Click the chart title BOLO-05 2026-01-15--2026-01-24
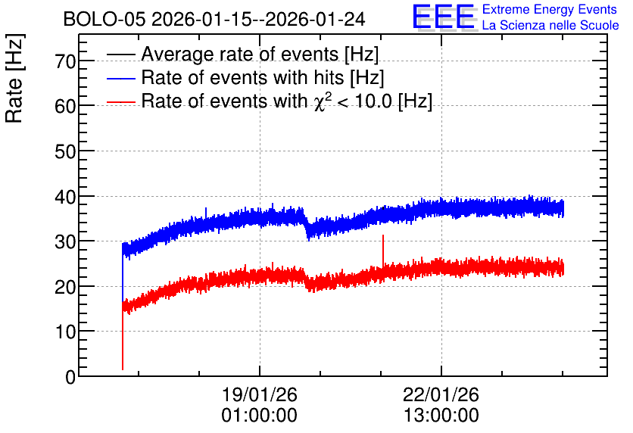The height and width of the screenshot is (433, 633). pyautogui.click(x=214, y=19)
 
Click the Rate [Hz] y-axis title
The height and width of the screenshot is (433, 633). pyautogui.click(x=15, y=78)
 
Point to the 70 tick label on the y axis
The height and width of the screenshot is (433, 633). pyautogui.click(x=65, y=62)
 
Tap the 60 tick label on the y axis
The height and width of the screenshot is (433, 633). pyautogui.click(x=65, y=107)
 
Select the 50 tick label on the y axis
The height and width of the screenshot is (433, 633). pyautogui.click(x=65, y=151)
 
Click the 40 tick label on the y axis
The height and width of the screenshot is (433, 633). pyautogui.click(x=65, y=197)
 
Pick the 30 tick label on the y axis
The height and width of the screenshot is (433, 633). pyautogui.click(x=65, y=241)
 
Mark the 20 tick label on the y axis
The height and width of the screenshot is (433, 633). pyautogui.click(x=65, y=287)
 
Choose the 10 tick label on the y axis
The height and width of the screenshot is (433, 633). pyautogui.click(x=65, y=332)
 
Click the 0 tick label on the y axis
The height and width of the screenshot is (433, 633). pyautogui.click(x=70, y=377)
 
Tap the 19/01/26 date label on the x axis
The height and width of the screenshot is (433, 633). pyautogui.click(x=260, y=394)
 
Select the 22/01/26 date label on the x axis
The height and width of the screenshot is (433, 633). pyautogui.click(x=441, y=394)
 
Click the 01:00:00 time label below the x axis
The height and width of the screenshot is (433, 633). pyautogui.click(x=260, y=416)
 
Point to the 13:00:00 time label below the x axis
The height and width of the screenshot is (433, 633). pyautogui.click(x=441, y=416)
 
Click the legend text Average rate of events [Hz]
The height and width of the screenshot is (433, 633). pyautogui.click(x=260, y=54)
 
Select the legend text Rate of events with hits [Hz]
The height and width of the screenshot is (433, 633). pyautogui.click(x=263, y=77)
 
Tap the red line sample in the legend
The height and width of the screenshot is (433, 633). pyautogui.click(x=121, y=102)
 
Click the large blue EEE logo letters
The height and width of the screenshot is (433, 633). pyautogui.click(x=443, y=17)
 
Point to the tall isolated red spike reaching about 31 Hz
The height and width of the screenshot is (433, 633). pyautogui.click(x=383, y=251)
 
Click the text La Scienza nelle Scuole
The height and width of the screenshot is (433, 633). pyautogui.click(x=550, y=26)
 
